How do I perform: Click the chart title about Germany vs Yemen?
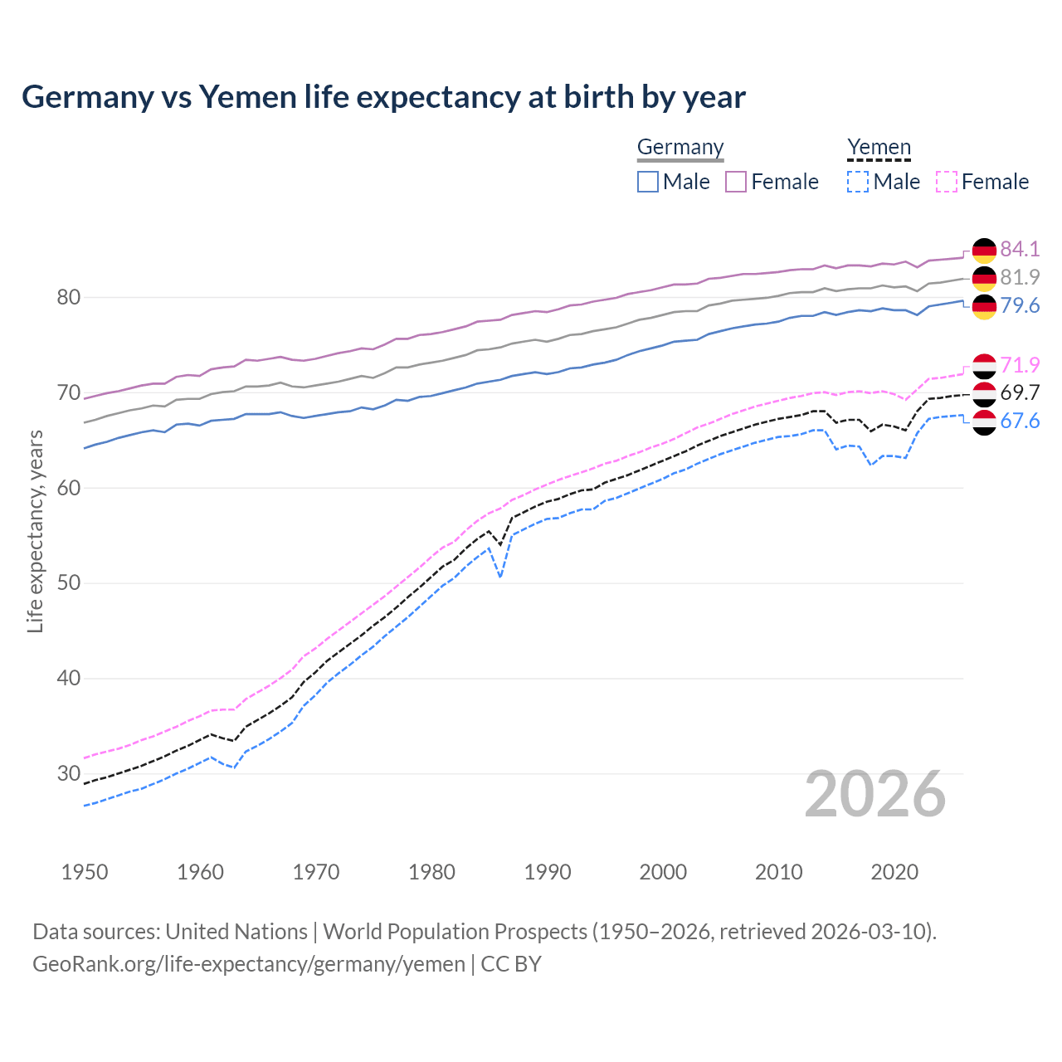[x=383, y=97]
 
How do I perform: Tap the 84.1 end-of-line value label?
[x=1020, y=249]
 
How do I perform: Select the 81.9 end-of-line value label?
[x=1020, y=277]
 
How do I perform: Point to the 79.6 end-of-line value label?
[x=1020, y=305]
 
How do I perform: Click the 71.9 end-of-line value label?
[x=1020, y=365]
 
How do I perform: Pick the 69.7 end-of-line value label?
[x=1020, y=392]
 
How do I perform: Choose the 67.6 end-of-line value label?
[x=1020, y=421]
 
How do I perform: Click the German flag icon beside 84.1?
[x=984, y=250]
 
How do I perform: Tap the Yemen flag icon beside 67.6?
[x=984, y=422]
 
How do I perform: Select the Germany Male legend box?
[x=648, y=182]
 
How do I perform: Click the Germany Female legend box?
[x=736, y=182]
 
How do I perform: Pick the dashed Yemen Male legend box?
[x=858, y=182]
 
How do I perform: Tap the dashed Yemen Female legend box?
[x=947, y=182]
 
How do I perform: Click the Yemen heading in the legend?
[x=879, y=148]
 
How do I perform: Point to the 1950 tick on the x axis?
[x=85, y=872]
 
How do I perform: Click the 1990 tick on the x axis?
[x=548, y=872]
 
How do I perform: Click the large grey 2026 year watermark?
[x=875, y=794]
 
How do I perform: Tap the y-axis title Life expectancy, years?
[x=36, y=531]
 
